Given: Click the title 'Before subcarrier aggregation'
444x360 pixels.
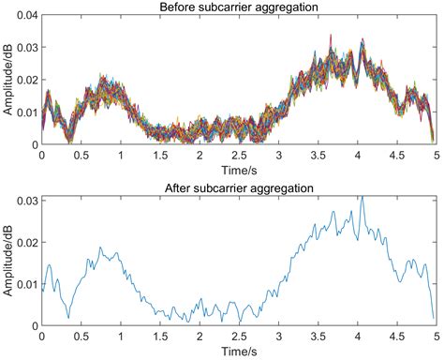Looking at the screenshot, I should (238, 8).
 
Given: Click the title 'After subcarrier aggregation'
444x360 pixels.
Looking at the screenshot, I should (238, 188).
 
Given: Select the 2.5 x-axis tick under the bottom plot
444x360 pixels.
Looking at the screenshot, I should (238, 336).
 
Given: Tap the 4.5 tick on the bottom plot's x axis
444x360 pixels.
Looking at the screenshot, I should (395, 336).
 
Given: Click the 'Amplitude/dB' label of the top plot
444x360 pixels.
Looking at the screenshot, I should (7, 81).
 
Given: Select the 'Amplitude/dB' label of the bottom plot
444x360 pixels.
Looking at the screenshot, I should (7, 262).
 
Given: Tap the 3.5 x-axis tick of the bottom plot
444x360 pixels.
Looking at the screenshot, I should (317, 336).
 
